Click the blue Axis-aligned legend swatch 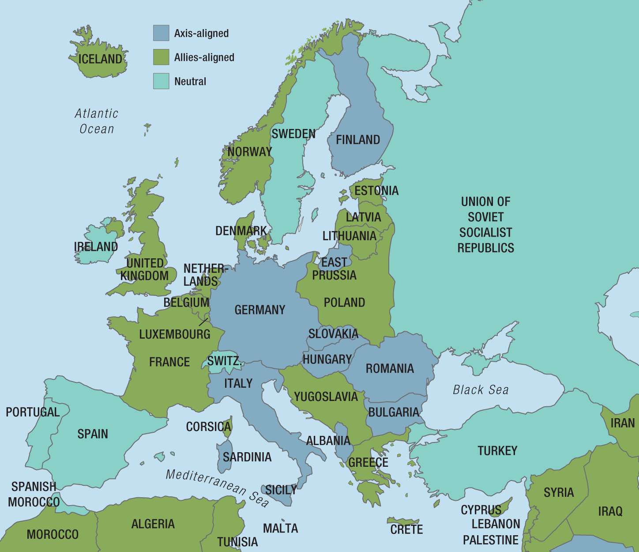coord(161,33)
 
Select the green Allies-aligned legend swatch coord(161,57)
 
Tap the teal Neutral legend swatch coord(161,81)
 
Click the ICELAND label coord(100,59)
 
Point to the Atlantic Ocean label coord(97,121)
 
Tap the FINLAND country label coord(358,140)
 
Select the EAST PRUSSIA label coord(334,269)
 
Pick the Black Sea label coord(481,390)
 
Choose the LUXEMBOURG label coord(175,334)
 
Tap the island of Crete coord(402,522)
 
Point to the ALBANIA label coord(328,441)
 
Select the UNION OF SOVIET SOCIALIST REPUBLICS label coord(485,225)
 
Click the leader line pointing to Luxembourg coord(203,322)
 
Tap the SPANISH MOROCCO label coord(34,494)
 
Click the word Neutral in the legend coord(190,82)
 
